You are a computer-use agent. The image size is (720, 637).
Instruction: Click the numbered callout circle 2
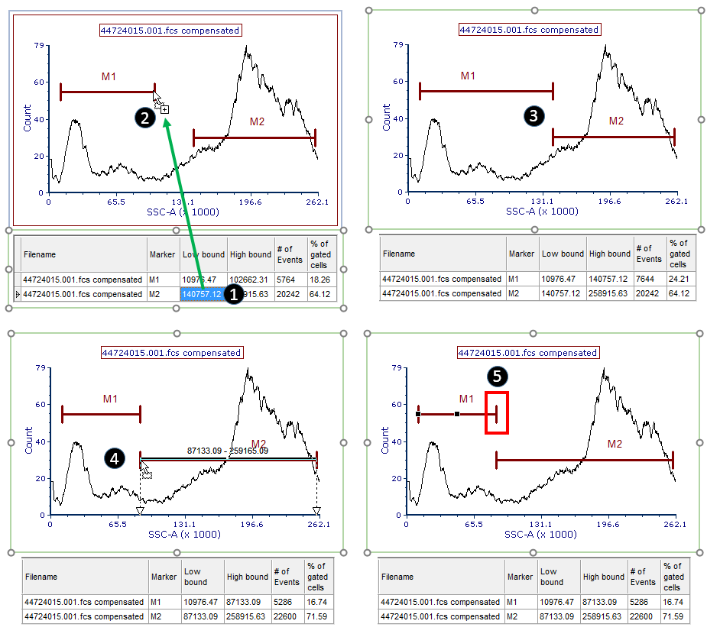[143, 117]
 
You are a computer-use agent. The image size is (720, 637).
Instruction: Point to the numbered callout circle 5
[498, 376]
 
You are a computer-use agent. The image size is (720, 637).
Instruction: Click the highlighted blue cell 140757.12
[202, 294]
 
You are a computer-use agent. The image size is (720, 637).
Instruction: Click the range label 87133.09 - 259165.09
[228, 451]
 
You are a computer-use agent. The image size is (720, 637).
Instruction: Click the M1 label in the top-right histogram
[468, 76]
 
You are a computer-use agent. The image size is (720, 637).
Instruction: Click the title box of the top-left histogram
[170, 31]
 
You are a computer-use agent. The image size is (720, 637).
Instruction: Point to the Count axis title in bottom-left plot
[28, 442]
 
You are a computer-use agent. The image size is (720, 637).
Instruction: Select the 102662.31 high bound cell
[250, 280]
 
